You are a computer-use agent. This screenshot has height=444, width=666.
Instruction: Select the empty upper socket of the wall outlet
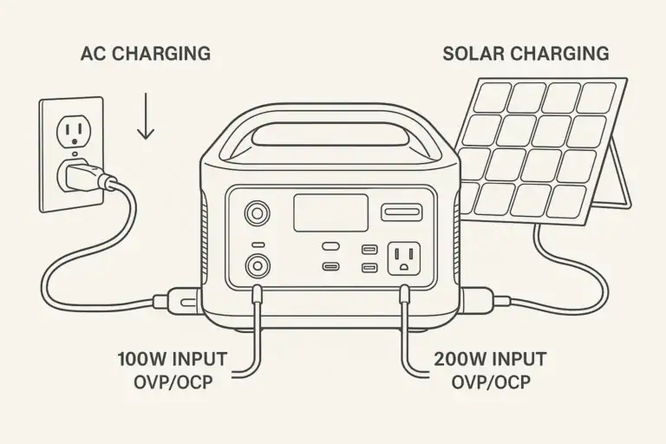pos(71,133)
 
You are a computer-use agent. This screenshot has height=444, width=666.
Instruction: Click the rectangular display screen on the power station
pos(330,212)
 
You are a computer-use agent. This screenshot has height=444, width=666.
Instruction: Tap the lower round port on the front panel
pos(258,264)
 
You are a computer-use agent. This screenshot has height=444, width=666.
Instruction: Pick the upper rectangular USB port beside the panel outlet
pos(369,249)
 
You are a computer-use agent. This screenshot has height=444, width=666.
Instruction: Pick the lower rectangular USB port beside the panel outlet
pos(369,267)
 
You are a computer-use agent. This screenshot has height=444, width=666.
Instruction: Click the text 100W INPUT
pos(173,358)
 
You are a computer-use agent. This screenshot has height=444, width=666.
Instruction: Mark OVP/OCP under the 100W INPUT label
pos(173,382)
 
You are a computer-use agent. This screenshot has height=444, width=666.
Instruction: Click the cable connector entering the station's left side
pos(177,302)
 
